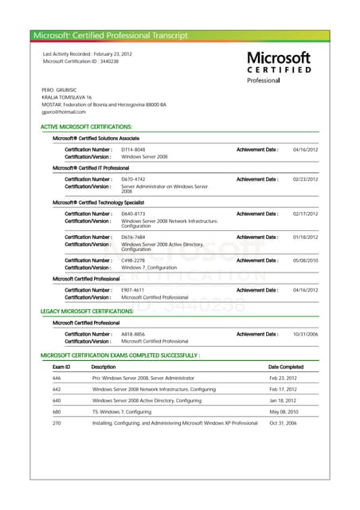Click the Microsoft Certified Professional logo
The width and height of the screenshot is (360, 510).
pos(278,67)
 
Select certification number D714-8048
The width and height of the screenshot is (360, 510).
pos(133,150)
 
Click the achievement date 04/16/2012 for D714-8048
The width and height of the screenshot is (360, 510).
pos(305,150)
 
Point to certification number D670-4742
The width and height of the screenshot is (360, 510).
pos(133,179)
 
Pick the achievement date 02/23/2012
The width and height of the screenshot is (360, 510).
pos(305,179)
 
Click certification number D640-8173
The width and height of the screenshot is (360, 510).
pos(133,214)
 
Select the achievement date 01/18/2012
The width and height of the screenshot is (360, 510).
pos(305,237)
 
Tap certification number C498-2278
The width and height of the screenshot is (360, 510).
pos(133,261)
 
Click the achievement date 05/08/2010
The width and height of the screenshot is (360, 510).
pos(305,261)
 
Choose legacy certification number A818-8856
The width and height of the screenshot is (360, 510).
pos(133,334)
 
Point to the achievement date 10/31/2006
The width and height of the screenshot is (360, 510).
pos(305,334)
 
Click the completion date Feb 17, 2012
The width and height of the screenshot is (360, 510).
pos(283,389)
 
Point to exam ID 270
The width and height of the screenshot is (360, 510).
pos(57,423)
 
